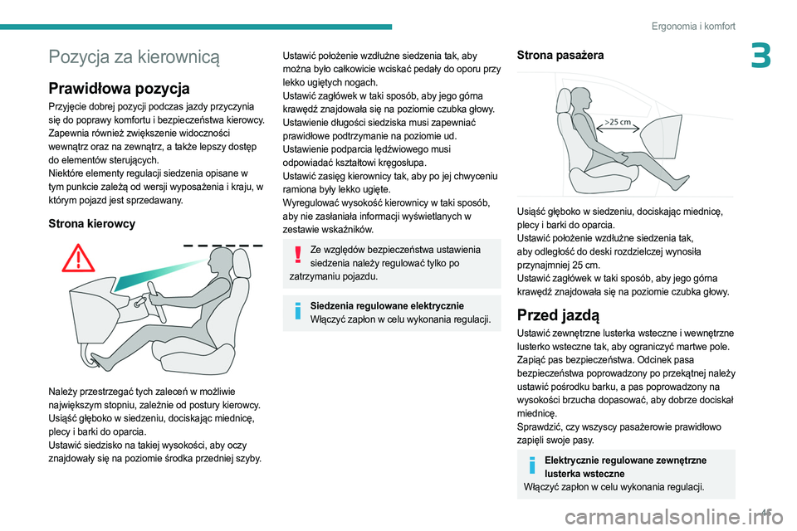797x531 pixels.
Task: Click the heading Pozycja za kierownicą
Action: [x=134, y=57]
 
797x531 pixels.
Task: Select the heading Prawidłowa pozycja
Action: [x=119, y=88]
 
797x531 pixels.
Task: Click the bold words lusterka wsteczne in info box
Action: [x=586, y=473]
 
